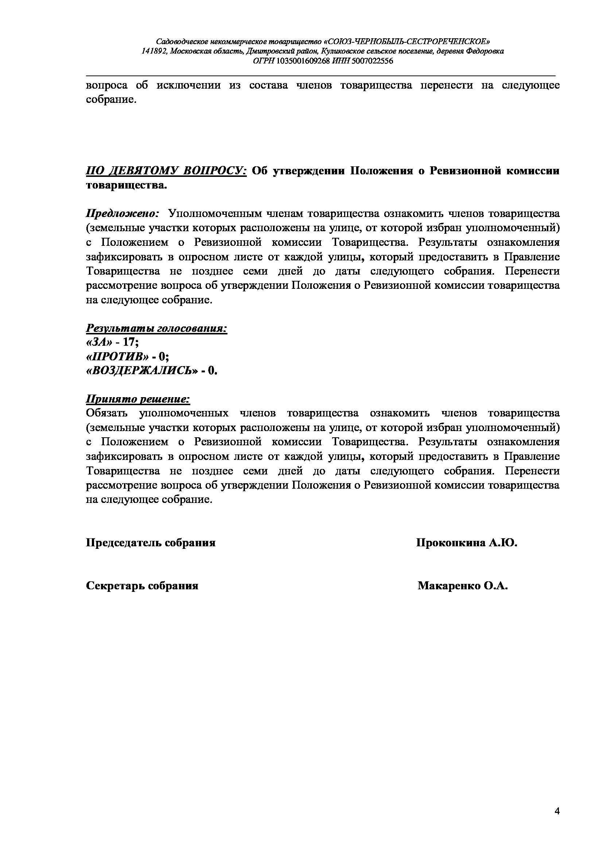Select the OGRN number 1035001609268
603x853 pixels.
303,61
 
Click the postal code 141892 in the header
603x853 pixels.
154,51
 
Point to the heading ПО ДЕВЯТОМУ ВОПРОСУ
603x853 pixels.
166,171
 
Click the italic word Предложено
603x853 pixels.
122,214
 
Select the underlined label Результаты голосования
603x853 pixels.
157,329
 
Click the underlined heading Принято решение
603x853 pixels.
138,399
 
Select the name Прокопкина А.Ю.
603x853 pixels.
467,543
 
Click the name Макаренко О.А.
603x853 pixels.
463,586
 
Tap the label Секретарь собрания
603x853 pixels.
142,586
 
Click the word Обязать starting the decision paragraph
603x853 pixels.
107,413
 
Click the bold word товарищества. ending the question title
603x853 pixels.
127,185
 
